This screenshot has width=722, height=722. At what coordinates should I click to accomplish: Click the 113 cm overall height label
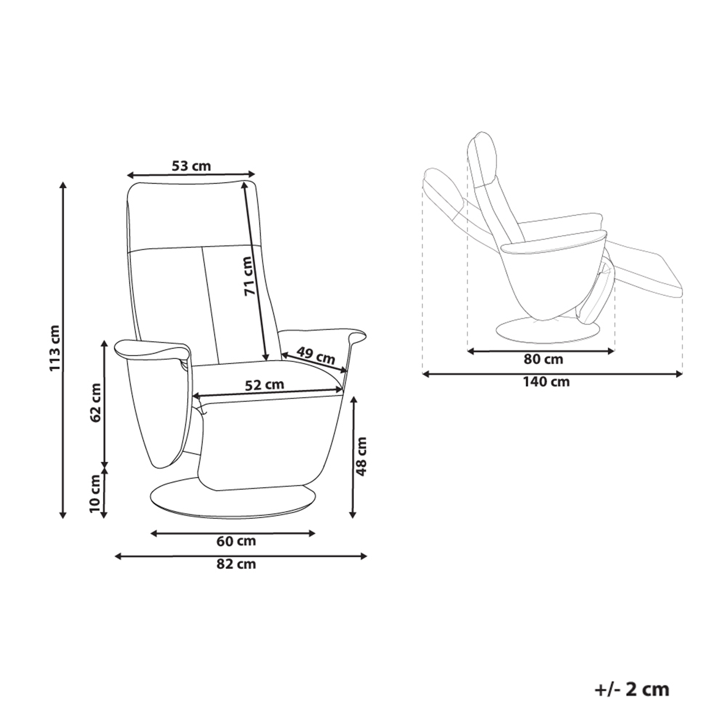pyautogui.click(x=55, y=348)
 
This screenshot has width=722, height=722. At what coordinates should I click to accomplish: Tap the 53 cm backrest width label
pyautogui.click(x=191, y=166)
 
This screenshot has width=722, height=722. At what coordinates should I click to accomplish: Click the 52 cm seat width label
pyautogui.click(x=265, y=384)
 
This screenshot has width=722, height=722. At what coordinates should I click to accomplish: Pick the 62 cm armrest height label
pyautogui.click(x=96, y=403)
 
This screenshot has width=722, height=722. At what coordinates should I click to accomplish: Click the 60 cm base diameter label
pyautogui.click(x=236, y=541)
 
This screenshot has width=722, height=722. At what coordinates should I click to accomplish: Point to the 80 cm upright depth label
pyautogui.click(x=543, y=359)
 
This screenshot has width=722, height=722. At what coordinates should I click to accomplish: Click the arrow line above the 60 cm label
pyautogui.click(x=233, y=533)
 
